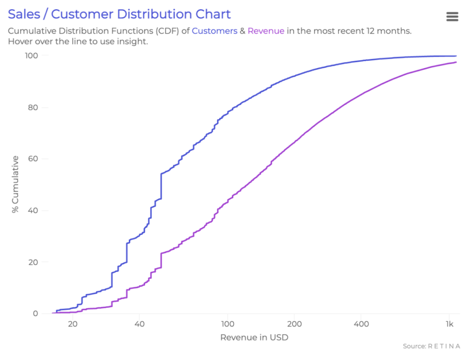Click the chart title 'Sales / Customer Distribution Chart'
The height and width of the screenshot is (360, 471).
pyautogui.click(x=119, y=14)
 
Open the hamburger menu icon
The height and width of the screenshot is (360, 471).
pyautogui.click(x=452, y=17)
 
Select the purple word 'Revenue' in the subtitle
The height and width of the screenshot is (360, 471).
pyautogui.click(x=266, y=31)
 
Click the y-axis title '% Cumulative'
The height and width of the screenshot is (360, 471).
pyautogui.click(x=16, y=184)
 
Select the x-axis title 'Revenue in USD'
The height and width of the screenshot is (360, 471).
pyautogui.click(x=254, y=337)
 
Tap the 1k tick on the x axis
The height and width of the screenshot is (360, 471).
pyautogui.click(x=449, y=324)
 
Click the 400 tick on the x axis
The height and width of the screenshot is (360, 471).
pyautogui.click(x=361, y=324)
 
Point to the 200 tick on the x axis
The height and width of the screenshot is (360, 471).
pyautogui.click(x=294, y=324)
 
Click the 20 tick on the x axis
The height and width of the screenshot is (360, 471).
pyautogui.click(x=72, y=324)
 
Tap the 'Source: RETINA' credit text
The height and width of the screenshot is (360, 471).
pyautogui.click(x=431, y=346)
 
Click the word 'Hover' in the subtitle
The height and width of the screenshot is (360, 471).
pyautogui.click(x=20, y=41)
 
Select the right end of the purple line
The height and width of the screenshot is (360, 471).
pyautogui.click(x=456, y=62)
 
